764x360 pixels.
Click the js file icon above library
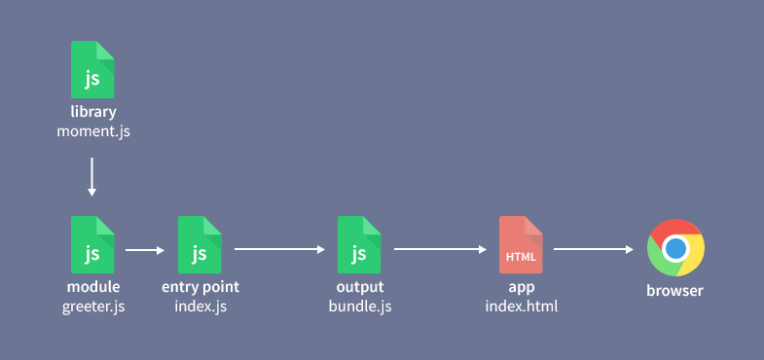(92, 69)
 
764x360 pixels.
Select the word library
(93, 112)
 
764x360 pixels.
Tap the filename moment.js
(93, 130)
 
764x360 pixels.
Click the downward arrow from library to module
(92, 176)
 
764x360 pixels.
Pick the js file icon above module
(92, 244)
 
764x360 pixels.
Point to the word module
(93, 287)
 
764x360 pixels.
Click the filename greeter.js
(93, 306)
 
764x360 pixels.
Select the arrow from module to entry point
(145, 250)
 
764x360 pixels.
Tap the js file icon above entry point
(200, 244)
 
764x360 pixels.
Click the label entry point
(200, 287)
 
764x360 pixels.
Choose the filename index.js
(200, 306)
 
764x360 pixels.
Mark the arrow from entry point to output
(280, 250)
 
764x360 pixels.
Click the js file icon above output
(359, 244)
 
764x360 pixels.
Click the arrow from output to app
(440, 250)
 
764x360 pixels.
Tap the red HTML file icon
(521, 244)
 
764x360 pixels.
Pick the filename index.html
(521, 306)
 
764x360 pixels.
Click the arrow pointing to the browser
(594, 250)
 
